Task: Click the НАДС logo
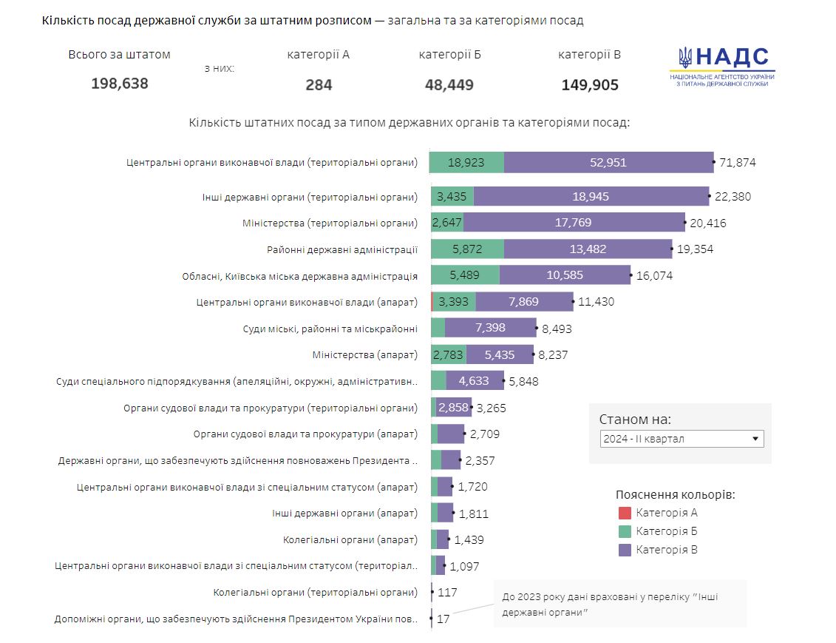click(722, 67)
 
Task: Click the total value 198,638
click(120, 84)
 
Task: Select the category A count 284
click(319, 85)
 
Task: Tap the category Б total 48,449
click(449, 85)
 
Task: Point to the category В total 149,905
click(590, 85)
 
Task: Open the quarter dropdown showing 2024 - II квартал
click(682, 439)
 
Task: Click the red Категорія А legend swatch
click(625, 513)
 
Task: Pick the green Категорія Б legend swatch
click(625, 531)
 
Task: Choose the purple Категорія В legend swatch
click(625, 550)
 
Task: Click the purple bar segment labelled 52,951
click(608, 162)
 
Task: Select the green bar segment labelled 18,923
click(466, 162)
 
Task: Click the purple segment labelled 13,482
click(588, 249)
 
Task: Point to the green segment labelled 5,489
click(465, 275)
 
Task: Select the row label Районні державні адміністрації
click(341, 250)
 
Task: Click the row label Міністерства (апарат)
click(365, 355)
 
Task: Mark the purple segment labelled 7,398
click(491, 328)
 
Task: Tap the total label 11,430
click(597, 302)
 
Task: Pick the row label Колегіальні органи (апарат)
click(350, 540)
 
